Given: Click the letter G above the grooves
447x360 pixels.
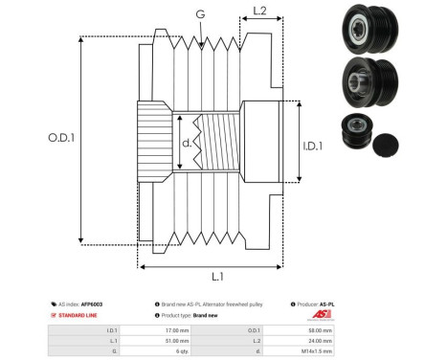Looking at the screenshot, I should [199, 13].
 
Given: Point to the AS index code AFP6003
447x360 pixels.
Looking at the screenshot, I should [92, 304].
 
